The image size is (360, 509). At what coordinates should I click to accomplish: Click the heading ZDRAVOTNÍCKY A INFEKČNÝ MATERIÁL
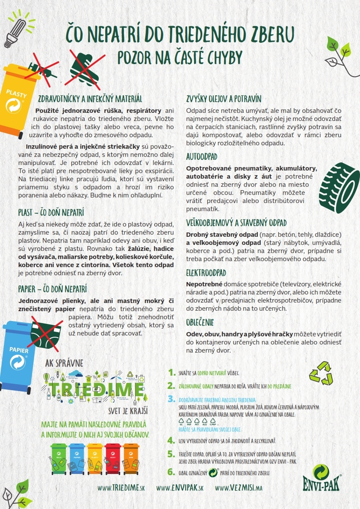(90, 99)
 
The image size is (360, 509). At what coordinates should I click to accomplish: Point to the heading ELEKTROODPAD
(206, 273)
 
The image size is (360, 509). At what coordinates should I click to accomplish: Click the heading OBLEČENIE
(200, 322)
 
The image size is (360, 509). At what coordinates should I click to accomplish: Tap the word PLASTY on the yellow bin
(17, 93)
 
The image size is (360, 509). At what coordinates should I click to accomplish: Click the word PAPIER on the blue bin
(19, 350)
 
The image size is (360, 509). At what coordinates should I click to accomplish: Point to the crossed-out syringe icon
(41, 71)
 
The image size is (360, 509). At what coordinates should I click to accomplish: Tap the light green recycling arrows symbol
(321, 372)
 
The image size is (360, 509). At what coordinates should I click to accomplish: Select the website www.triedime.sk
(121, 488)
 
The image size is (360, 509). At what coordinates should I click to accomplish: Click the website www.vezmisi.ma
(239, 488)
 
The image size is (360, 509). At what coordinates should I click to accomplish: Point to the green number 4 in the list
(171, 440)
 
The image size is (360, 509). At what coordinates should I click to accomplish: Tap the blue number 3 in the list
(171, 399)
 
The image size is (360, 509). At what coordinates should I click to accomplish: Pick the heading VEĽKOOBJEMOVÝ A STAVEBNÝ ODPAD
(236, 223)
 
